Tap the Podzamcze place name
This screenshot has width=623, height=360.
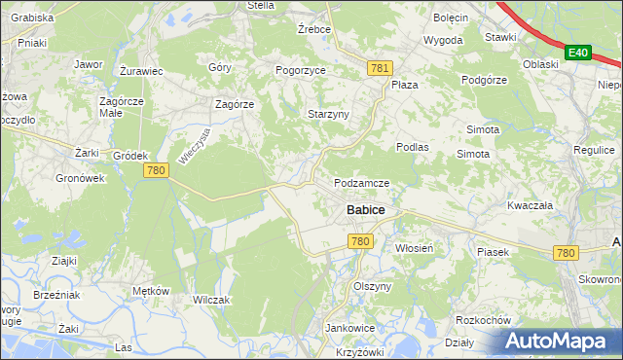361,183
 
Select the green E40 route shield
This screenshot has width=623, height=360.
578,52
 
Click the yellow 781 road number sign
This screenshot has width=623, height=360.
380,67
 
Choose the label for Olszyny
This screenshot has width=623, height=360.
372,287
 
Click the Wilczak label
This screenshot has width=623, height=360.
211,300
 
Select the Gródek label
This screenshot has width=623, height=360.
129,156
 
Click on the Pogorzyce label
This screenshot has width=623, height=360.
300,71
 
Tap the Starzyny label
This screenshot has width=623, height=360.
328,114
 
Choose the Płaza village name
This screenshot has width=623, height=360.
404,85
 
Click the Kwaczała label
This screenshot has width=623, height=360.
530,206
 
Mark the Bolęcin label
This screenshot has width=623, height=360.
451,18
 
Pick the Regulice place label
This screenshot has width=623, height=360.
594,151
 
